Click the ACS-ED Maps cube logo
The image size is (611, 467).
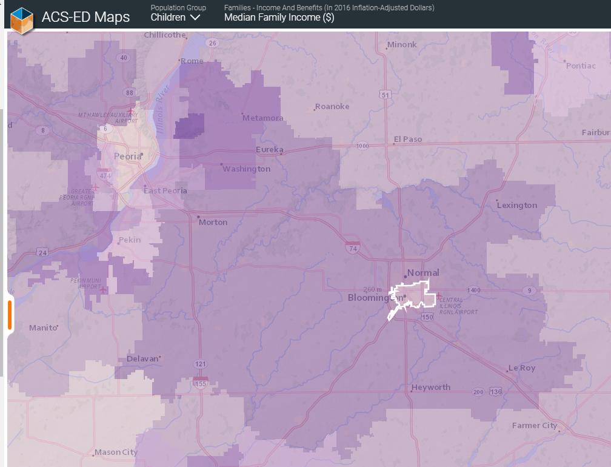tap(22, 17)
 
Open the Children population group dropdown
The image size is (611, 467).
tap(175, 18)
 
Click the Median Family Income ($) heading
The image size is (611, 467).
tap(279, 18)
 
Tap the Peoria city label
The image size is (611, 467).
tap(127, 156)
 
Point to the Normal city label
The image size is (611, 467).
tap(423, 273)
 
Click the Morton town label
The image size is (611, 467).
tap(213, 222)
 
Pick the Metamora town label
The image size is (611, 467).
tap(262, 118)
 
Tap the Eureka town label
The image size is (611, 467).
tap(269, 150)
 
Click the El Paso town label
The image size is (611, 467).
tap(407, 139)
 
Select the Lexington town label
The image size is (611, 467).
tap(516, 205)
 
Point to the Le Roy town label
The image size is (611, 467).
tap(521, 368)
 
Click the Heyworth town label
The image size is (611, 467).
tap(430, 388)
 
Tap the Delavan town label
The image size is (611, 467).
tap(142, 359)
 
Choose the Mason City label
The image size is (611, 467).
tap(116, 452)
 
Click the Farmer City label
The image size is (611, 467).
tap(534, 426)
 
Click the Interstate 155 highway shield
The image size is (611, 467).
tap(201, 383)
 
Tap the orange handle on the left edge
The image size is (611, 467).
tap(10, 315)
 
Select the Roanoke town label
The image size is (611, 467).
tap(332, 107)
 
